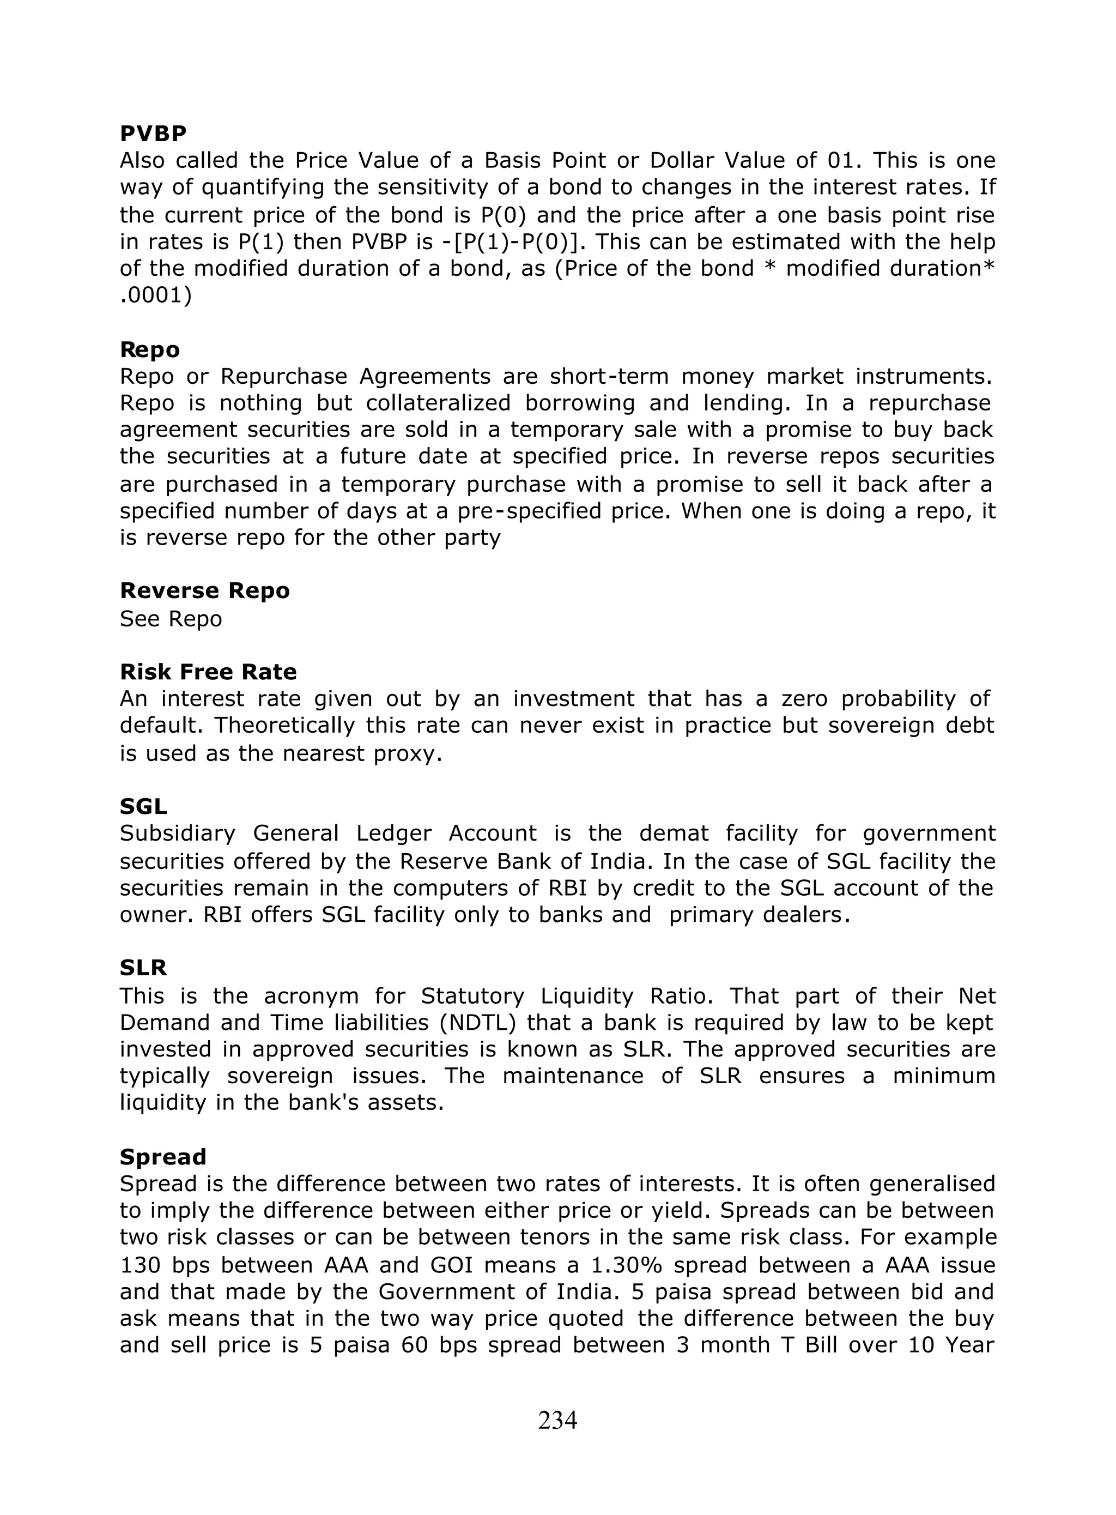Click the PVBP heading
[153, 134]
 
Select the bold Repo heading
[150, 349]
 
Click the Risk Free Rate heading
[208, 672]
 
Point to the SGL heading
[143, 806]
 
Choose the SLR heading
[143, 968]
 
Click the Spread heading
[163, 1157]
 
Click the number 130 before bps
[139, 1265]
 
